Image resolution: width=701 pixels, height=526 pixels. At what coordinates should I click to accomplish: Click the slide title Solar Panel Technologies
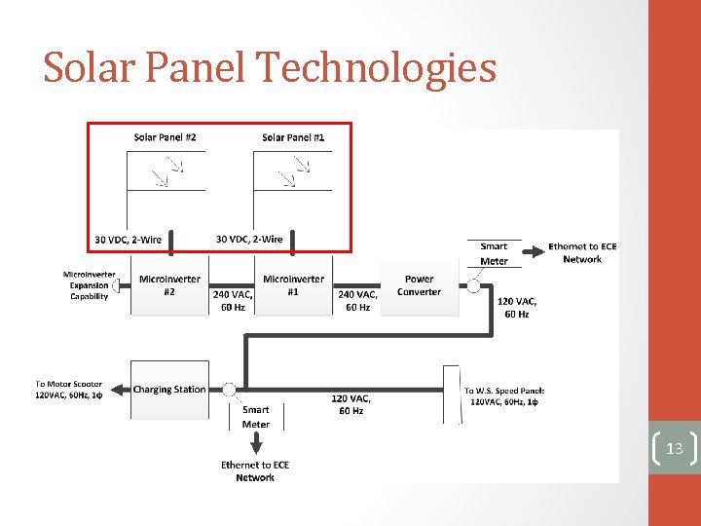270,68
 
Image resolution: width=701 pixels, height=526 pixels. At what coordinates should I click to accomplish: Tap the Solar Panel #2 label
165,137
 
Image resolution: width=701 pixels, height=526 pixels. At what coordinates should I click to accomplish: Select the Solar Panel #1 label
293,137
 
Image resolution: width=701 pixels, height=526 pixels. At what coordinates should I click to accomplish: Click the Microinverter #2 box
169,286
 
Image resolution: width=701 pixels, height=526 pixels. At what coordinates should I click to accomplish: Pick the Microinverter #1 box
293,286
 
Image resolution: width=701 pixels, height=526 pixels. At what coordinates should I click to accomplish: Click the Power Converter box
419,286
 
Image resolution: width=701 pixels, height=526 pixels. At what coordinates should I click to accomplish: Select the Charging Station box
168,390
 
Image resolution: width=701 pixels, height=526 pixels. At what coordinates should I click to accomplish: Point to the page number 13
674,449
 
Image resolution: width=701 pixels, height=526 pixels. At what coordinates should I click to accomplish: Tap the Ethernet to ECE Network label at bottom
255,471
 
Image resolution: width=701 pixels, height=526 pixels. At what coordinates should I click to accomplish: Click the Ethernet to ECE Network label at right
582,253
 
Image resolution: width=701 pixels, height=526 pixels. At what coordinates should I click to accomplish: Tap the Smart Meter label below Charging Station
256,417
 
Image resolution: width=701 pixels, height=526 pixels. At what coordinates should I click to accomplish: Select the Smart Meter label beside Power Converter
494,253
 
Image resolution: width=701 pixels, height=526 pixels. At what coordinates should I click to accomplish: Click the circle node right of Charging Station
229,390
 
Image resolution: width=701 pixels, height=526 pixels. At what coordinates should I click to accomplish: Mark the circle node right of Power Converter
475,286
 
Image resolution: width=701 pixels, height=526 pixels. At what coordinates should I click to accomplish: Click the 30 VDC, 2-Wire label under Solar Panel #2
128,240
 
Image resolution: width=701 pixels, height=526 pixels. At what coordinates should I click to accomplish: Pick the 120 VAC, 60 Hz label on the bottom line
350,404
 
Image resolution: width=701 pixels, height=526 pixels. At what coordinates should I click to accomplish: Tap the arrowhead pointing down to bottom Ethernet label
255,449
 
